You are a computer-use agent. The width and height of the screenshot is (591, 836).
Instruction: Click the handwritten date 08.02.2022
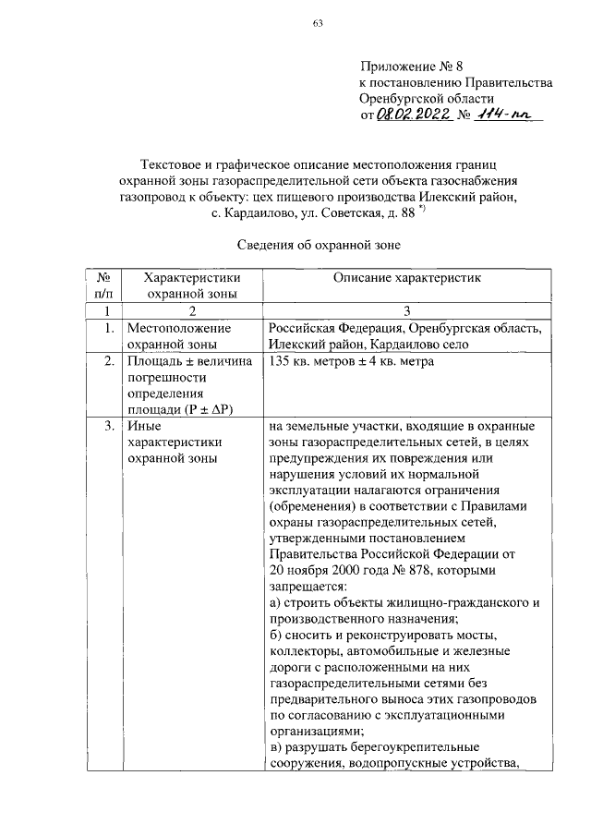(x=413, y=114)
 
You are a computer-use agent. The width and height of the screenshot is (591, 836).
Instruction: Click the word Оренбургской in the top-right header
(x=404, y=98)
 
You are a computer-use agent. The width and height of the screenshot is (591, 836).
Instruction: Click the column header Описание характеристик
(x=407, y=277)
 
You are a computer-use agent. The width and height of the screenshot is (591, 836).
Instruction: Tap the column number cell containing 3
(x=407, y=310)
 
